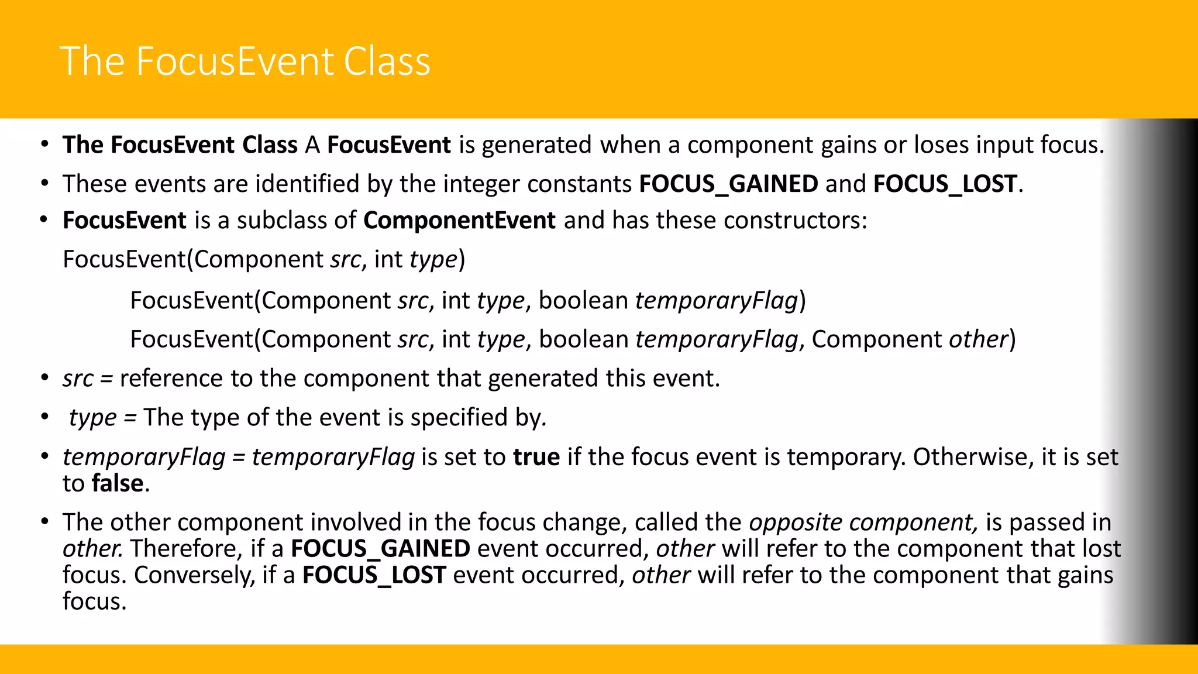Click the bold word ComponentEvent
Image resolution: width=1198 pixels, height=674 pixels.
tap(459, 221)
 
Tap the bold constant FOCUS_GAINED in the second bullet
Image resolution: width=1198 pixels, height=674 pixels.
tap(728, 184)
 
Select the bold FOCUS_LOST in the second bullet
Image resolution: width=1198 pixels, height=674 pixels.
tap(945, 184)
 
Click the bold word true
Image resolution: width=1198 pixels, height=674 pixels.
tap(536, 457)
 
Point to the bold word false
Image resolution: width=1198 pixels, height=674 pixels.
tap(118, 483)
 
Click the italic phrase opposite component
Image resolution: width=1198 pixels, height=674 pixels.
tap(863, 522)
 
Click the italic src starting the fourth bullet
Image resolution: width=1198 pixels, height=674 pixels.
tap(78, 379)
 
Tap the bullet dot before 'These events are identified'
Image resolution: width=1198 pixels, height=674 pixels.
tap(44, 184)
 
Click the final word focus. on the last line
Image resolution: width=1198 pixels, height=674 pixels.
tap(94, 601)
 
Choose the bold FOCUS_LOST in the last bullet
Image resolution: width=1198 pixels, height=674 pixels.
tap(374, 575)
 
